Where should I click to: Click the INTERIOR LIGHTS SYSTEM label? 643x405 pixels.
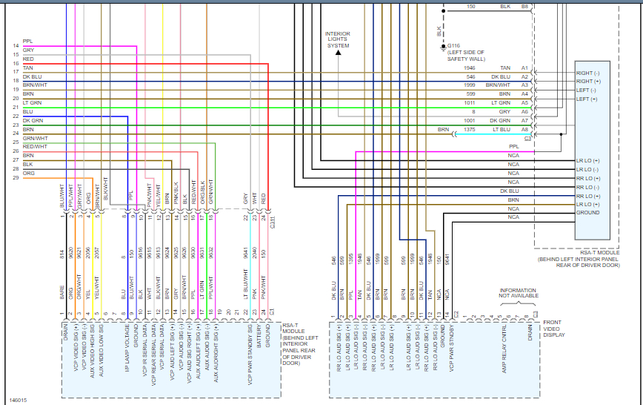338,39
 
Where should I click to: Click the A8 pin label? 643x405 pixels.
524,129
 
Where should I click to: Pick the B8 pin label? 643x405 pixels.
524,7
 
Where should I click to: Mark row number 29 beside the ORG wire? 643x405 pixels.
16,177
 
